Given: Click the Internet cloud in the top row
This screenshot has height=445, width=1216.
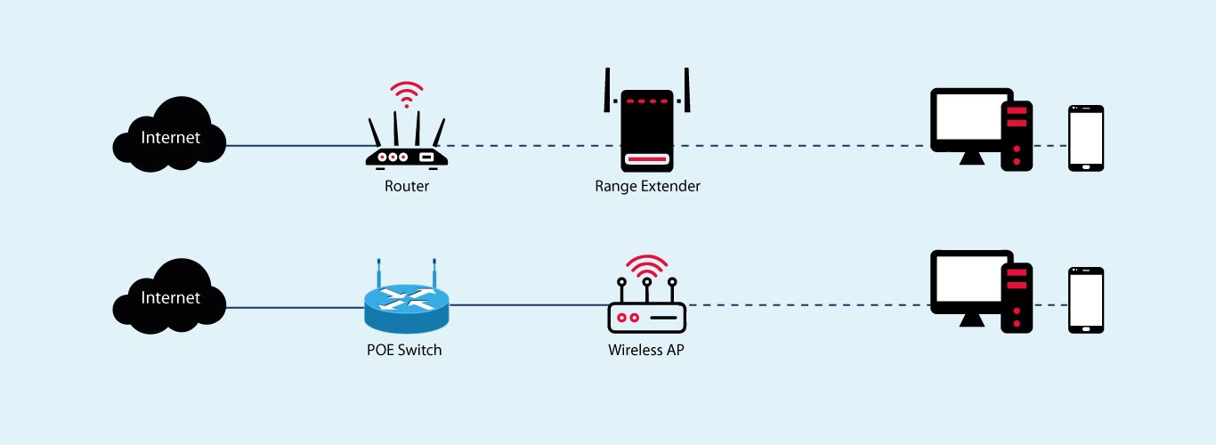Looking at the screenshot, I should pyautogui.click(x=169, y=138).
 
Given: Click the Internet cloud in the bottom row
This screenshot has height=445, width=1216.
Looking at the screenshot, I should pyautogui.click(x=169, y=298).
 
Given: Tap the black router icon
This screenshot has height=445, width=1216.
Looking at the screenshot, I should pyautogui.click(x=407, y=147).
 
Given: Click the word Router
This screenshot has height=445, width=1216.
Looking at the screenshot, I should pyautogui.click(x=407, y=187).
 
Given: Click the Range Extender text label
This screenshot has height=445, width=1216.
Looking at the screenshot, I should pyautogui.click(x=647, y=187).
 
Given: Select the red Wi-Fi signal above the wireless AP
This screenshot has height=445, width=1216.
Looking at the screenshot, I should pyautogui.click(x=646, y=265).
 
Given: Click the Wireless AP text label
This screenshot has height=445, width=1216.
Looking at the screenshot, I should pyautogui.click(x=646, y=350).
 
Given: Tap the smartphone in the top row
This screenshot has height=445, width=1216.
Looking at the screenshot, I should pyautogui.click(x=1086, y=138).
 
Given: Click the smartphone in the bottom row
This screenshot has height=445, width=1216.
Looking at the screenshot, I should pyautogui.click(x=1086, y=300).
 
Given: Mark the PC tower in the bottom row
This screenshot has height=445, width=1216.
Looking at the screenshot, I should pyautogui.click(x=1017, y=296).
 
